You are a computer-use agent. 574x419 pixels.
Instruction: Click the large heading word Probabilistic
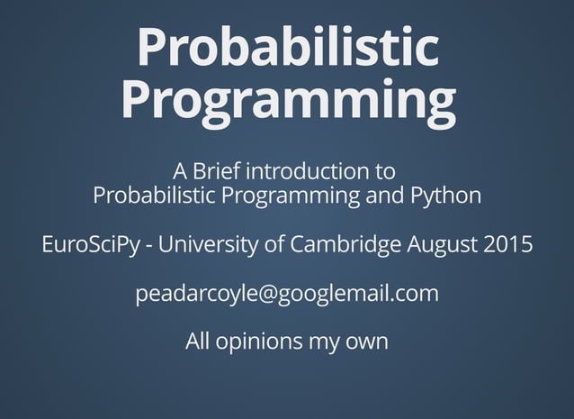click(287, 48)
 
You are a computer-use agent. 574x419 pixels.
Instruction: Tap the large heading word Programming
click(287, 101)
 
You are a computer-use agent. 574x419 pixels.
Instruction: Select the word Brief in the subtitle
click(217, 170)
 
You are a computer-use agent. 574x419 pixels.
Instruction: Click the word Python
click(446, 196)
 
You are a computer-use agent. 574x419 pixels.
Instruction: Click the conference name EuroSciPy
click(89, 245)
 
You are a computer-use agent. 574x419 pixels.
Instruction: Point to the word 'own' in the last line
click(366, 342)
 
